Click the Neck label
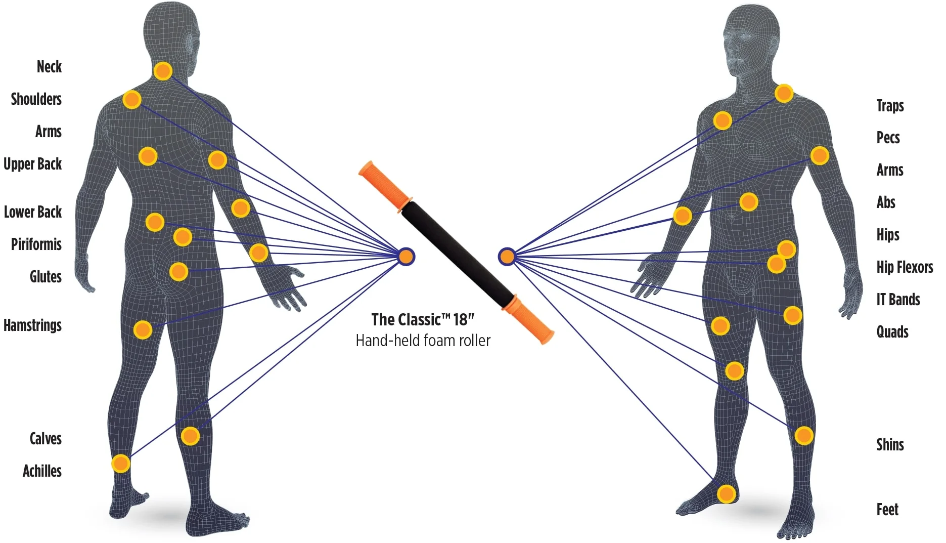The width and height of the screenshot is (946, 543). pyautogui.click(x=49, y=66)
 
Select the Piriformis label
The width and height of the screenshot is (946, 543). pyautogui.click(x=36, y=244)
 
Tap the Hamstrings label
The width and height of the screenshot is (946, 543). pyautogui.click(x=32, y=325)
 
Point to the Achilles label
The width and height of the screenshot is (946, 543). pyautogui.click(x=42, y=471)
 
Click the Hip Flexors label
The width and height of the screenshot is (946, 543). pyautogui.click(x=905, y=267)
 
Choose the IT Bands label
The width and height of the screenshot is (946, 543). pyautogui.click(x=898, y=299)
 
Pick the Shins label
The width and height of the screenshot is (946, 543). pyautogui.click(x=890, y=444)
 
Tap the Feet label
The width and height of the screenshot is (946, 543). pyautogui.click(x=887, y=509)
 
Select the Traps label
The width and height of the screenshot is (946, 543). pyautogui.click(x=890, y=105)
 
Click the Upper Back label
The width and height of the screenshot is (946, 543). pyautogui.click(x=32, y=163)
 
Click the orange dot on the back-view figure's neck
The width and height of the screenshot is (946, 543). pyautogui.click(x=163, y=71)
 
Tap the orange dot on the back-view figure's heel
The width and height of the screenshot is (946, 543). pyautogui.click(x=121, y=463)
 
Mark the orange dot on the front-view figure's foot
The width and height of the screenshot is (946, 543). pyautogui.click(x=727, y=493)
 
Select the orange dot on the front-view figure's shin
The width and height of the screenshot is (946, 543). pyautogui.click(x=803, y=435)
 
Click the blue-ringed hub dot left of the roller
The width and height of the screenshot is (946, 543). pyautogui.click(x=406, y=257)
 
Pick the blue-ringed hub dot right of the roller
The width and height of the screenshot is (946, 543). pyautogui.click(x=507, y=257)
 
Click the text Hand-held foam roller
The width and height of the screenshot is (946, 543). pyautogui.click(x=423, y=341)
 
